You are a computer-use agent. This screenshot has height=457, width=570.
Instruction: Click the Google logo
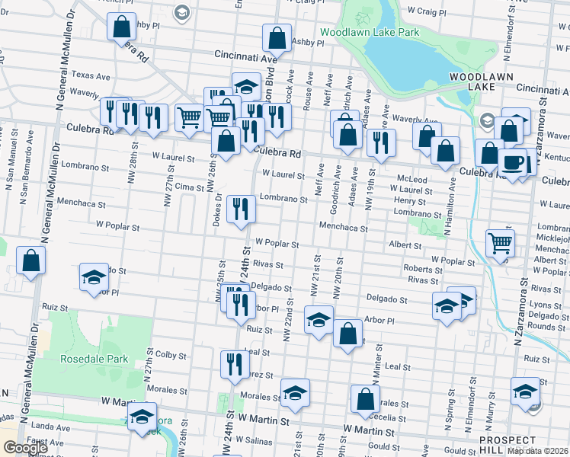pos(25,448)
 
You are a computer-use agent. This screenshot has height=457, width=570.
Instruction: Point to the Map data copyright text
pos(538,451)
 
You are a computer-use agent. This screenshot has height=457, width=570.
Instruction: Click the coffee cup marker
pos(512,162)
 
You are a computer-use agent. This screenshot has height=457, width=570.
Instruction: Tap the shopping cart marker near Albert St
pos(500,244)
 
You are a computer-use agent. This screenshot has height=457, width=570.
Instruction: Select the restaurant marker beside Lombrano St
pos(242,209)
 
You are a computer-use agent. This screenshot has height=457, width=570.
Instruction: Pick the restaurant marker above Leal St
pos(235,363)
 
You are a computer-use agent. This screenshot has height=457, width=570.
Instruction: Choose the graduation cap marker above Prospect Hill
pos(525,391)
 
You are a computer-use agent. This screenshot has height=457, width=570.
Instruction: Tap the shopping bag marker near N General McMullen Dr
pos(30,261)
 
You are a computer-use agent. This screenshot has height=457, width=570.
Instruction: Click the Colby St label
pos(171,355)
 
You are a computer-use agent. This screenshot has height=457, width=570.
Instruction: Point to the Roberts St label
pos(418,269)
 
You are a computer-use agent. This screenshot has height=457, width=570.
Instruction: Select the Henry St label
pos(409,200)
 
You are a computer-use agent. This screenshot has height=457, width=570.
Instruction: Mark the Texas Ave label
pos(91,76)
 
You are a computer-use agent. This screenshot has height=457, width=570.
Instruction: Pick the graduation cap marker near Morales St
pos(295,392)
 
